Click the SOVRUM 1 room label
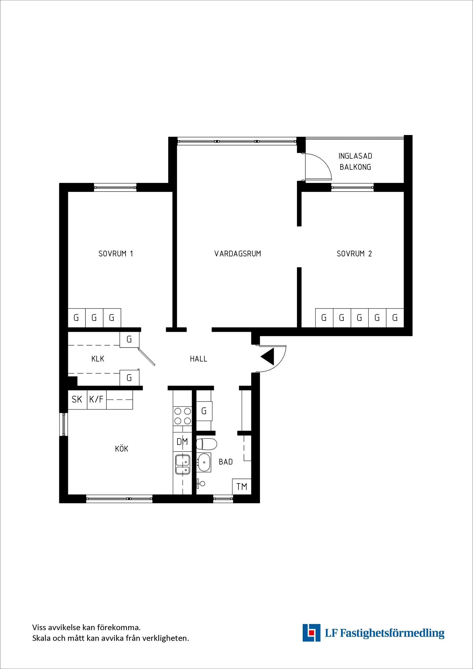(116, 253)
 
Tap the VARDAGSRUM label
(238, 253)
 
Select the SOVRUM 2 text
(354, 253)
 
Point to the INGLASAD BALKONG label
(355, 161)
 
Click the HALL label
(198, 359)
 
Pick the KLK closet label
(97, 359)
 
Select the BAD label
(226, 462)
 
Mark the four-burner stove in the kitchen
(182, 416)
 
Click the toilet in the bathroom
(206, 444)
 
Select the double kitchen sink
(183, 465)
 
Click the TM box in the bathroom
(242, 486)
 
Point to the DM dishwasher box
(182, 442)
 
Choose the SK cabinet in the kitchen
(77, 399)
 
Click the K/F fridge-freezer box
(97, 399)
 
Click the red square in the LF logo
(312, 632)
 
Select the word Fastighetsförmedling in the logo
(392, 633)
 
